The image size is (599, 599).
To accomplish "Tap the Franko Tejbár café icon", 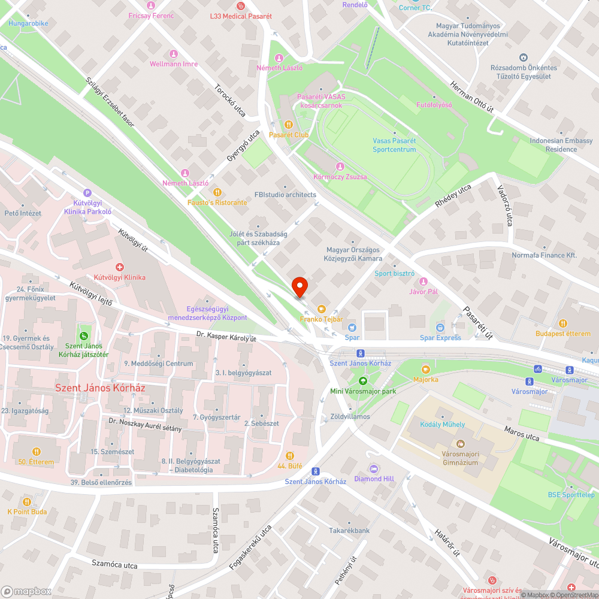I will tap(322, 309).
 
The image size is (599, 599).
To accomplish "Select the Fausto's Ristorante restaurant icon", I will tap(217, 193).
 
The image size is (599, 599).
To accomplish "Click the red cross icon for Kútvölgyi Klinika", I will tap(119, 267).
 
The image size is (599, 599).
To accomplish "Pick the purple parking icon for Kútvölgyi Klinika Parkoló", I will tap(88, 193).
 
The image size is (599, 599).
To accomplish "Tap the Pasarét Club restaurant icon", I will tap(288, 125).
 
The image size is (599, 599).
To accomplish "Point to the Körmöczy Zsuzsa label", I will tap(340, 177).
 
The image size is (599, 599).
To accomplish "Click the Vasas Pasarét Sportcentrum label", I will tap(394, 144).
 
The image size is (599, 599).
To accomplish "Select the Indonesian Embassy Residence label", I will tap(561, 145).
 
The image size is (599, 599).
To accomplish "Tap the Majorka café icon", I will tap(425, 370).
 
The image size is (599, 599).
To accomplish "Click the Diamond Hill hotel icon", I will tap(374, 468).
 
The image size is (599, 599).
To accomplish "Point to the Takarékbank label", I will tap(349, 530).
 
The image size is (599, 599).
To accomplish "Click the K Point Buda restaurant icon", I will tap(26, 501).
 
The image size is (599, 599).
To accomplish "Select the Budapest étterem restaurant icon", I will tap(562, 323).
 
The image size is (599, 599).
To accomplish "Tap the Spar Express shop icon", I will tap(440, 328).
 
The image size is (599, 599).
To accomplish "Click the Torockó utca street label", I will tap(231, 99).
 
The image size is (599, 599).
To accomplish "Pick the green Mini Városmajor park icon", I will tap(362, 381).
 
